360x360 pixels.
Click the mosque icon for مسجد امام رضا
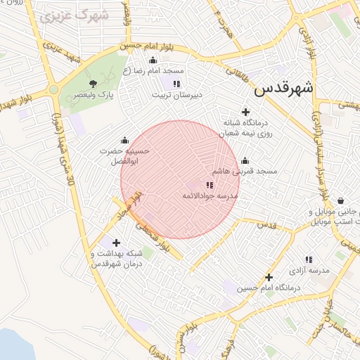click(153, 60)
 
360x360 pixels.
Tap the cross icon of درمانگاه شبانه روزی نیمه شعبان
click(245, 112)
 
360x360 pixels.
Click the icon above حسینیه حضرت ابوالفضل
click(125, 140)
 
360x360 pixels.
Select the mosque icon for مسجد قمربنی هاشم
click(245, 160)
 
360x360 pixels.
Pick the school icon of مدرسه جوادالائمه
click(210, 184)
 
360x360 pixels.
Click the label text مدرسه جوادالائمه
click(211, 195)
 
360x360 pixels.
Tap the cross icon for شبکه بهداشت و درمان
click(116, 243)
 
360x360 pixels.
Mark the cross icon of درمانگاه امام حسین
click(268, 277)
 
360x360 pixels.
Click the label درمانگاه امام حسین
click(268, 288)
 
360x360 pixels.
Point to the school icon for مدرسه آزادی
click(309, 259)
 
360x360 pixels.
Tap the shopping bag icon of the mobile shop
click(341, 200)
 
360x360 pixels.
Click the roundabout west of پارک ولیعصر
click(53, 89)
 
